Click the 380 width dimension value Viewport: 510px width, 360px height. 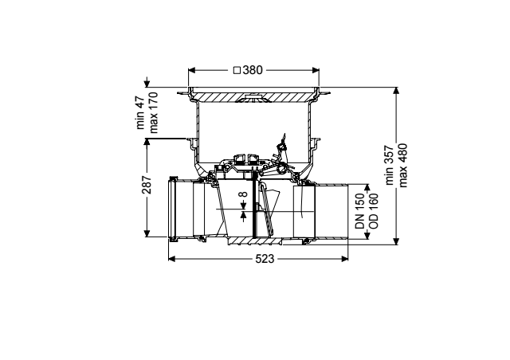(x=252, y=70)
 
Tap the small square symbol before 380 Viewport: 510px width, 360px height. (x=237, y=70)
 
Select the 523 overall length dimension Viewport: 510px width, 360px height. (x=265, y=259)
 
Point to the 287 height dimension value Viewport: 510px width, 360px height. (x=147, y=185)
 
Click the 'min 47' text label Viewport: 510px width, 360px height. (x=140, y=112)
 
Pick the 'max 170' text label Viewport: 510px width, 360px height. (x=153, y=113)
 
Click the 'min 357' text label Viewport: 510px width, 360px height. (x=390, y=165)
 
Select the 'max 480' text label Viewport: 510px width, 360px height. (x=402, y=165)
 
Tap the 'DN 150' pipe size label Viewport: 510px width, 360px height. (x=360, y=211)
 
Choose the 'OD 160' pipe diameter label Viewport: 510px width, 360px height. (x=374, y=211)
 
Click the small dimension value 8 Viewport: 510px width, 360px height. (x=243, y=194)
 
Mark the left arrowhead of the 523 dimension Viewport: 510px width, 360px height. (x=172, y=259)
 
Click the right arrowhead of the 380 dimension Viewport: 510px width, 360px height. (x=316, y=70)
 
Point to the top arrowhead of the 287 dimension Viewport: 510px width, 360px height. (x=147, y=142)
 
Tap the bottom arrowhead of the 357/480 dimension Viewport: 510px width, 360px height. (x=396, y=241)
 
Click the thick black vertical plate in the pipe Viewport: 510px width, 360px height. (x=253, y=208)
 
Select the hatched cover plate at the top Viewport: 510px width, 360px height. (x=254, y=96)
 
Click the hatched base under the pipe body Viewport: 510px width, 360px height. (x=256, y=241)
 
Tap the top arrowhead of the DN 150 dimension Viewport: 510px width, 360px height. (x=367, y=188)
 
